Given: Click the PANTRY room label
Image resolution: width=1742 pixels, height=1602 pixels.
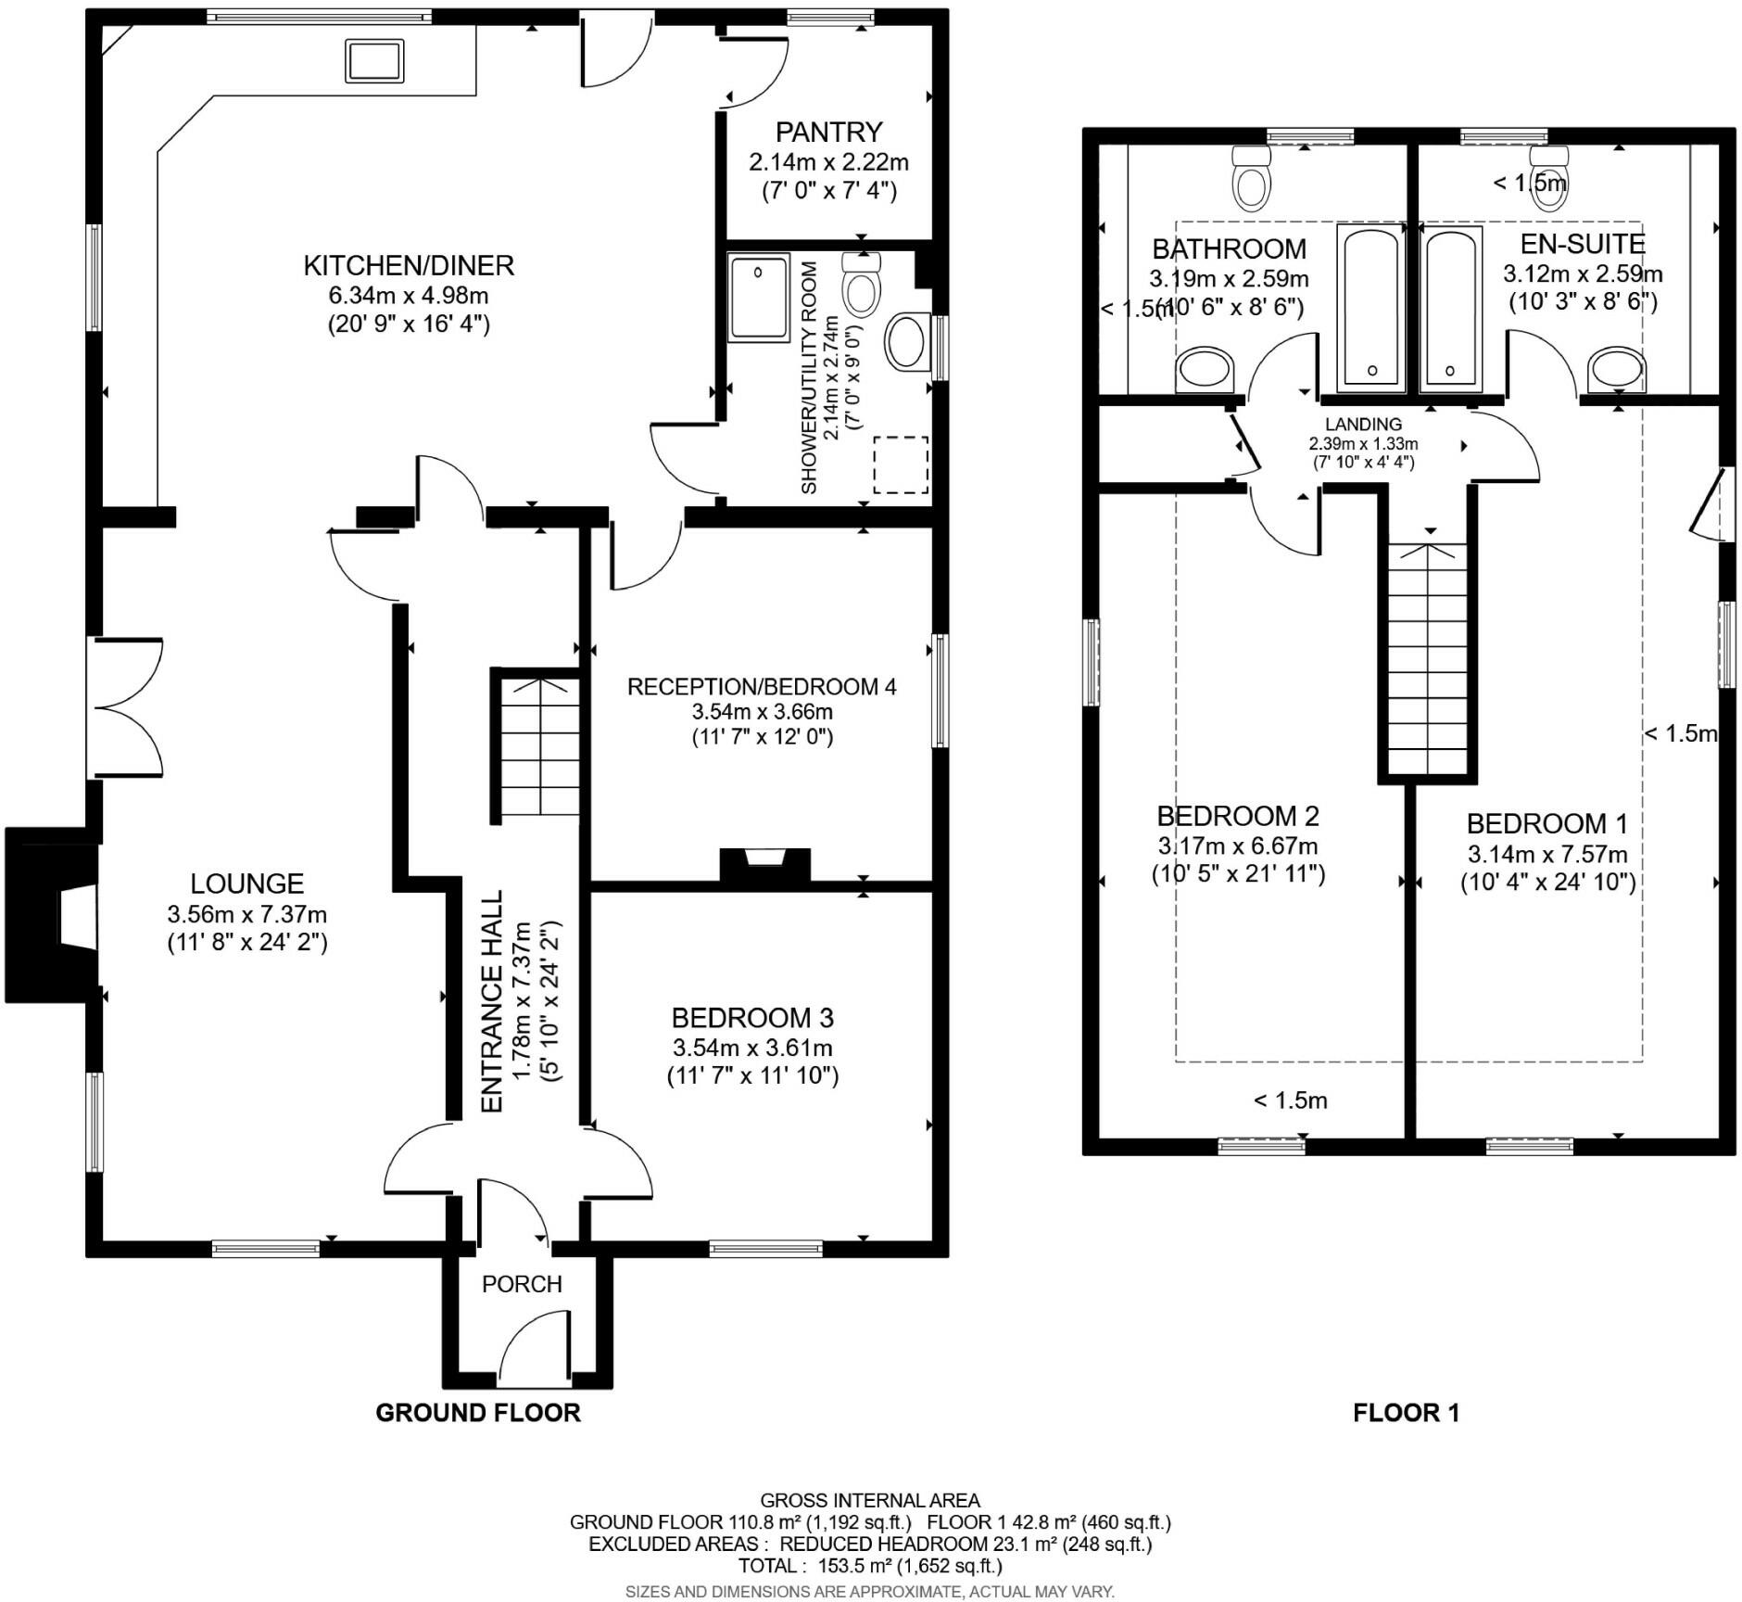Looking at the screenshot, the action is click(828, 132).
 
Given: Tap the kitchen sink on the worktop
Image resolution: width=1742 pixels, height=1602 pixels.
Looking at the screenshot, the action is click(374, 61).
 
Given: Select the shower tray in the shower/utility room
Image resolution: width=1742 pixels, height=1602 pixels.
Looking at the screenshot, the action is click(759, 297).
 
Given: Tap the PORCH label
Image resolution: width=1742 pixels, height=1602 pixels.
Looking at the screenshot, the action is click(522, 1284).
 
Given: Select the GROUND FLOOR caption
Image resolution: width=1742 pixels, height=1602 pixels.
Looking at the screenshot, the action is click(477, 1412).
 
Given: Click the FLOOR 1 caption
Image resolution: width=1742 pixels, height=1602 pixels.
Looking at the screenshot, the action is click(1406, 1413).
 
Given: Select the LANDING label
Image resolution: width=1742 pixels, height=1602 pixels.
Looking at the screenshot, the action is click(1363, 425).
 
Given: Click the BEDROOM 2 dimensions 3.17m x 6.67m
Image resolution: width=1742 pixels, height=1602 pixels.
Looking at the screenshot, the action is click(1237, 845).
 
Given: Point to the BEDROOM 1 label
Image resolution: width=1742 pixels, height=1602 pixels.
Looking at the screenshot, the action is click(1546, 823).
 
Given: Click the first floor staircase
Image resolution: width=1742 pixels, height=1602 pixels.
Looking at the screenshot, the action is click(1428, 658).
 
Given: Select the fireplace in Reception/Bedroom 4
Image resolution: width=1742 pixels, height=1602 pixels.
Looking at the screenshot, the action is click(765, 864).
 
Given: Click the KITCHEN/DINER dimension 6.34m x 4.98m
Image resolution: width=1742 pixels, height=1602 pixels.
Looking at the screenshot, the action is click(408, 296).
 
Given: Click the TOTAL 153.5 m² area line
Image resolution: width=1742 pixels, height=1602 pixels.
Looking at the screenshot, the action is click(869, 1567).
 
